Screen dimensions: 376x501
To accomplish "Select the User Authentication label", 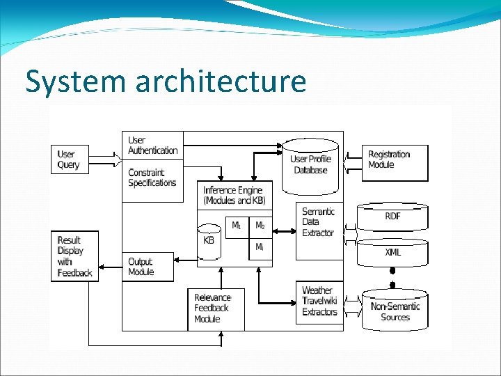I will pos(152,146).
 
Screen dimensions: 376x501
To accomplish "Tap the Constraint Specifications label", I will pos(152,178).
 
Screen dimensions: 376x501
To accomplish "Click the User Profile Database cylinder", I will pos(310,166).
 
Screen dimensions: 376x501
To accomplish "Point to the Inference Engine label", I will pos(234,195).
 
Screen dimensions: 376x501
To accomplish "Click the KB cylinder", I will pos(208,240).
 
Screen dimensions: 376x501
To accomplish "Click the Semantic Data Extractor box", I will pos(319,222).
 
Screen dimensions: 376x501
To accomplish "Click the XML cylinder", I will pos(392,252).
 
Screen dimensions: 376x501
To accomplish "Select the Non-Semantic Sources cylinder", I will pos(395,311).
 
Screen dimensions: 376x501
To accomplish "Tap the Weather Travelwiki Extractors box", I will pos(319,301).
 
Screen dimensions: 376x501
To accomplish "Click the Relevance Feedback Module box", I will pos(216,308).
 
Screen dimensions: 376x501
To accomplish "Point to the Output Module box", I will pos(147,267).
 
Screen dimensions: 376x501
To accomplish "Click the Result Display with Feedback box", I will pos(74,256).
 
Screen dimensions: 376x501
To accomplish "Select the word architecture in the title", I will pos(221,81).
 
